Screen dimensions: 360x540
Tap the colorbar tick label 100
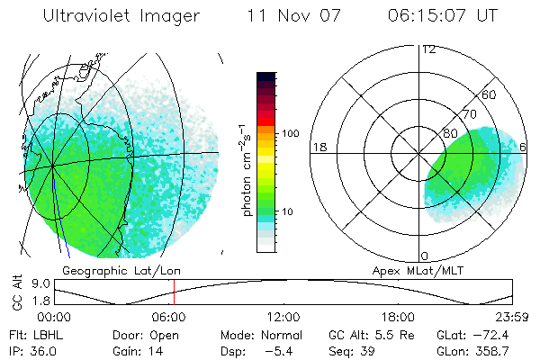(290, 133)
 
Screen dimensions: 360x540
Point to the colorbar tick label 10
(287, 211)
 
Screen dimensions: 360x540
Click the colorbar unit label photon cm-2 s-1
(246, 171)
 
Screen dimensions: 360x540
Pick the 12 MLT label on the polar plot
(428, 49)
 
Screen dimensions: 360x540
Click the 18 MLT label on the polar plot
(318, 147)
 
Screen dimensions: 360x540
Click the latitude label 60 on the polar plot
(490, 94)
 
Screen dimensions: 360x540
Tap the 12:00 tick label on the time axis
(283, 317)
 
